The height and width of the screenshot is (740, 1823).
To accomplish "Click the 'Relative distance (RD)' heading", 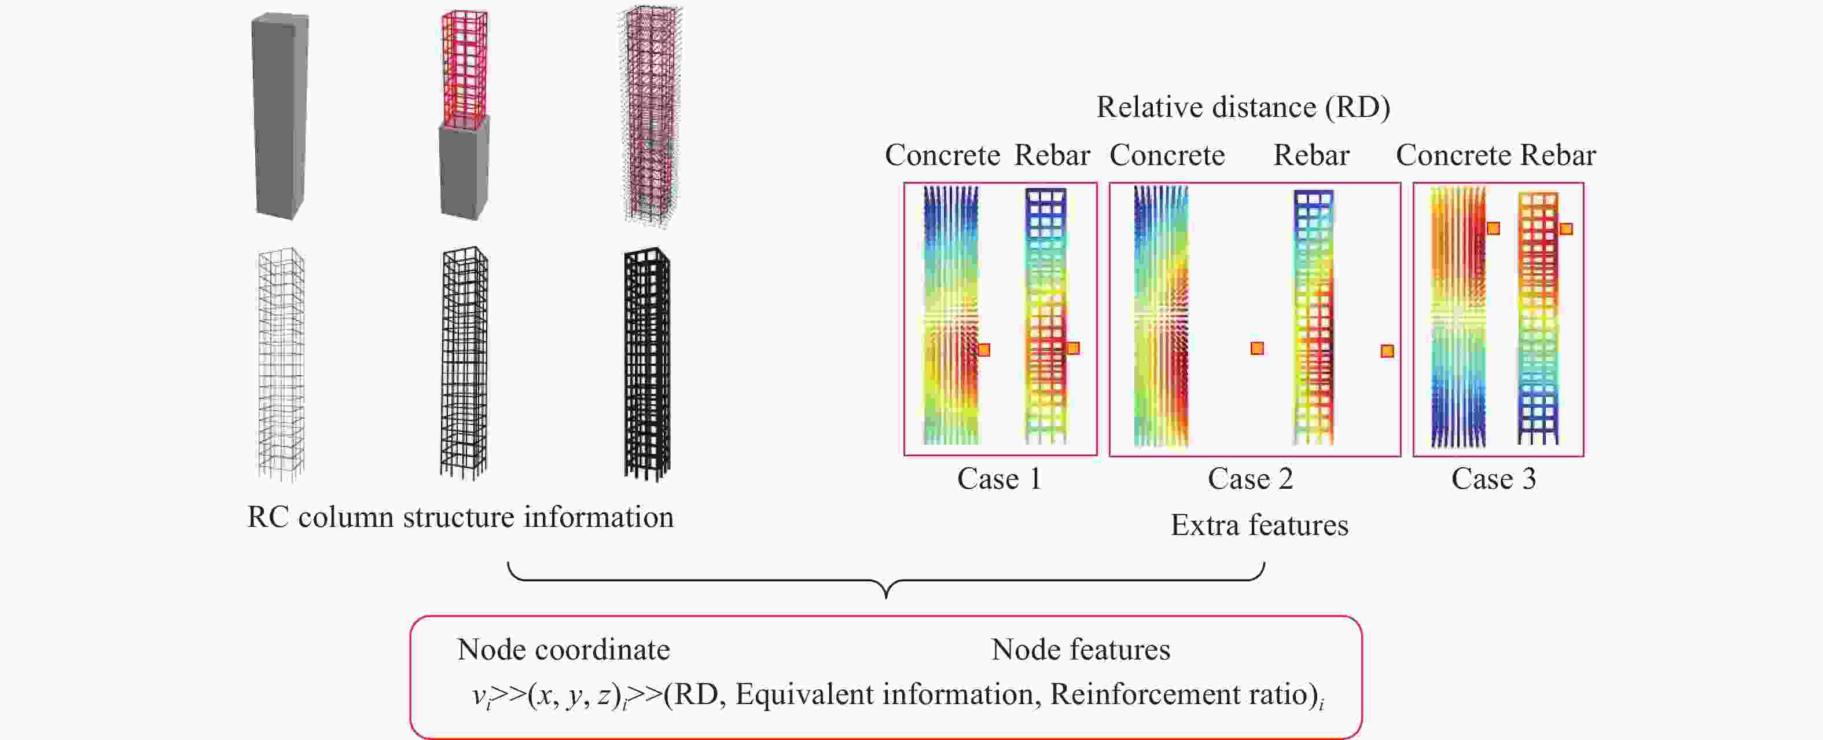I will pos(1243,108).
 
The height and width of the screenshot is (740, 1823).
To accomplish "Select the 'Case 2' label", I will pos(1250,479).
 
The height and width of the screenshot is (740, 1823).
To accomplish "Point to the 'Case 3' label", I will pos(1493,479).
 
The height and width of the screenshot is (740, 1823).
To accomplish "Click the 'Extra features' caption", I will pos(1259,525).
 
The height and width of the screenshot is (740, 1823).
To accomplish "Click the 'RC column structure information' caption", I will pos(460,518).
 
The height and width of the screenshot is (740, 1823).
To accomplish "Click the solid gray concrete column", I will pos(280,117).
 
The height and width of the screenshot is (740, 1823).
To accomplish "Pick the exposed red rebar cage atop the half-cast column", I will pos(464,67).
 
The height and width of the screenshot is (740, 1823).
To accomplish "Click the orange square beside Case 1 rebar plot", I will pos(1073,349).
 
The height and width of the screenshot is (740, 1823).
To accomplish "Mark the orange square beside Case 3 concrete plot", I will pos(1493,228).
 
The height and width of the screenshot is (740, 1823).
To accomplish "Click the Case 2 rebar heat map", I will pos(1314,317).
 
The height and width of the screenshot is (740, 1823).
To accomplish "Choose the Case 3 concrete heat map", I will pos(1458,317).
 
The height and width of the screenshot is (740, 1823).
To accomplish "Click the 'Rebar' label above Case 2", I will pos(1311,156).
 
